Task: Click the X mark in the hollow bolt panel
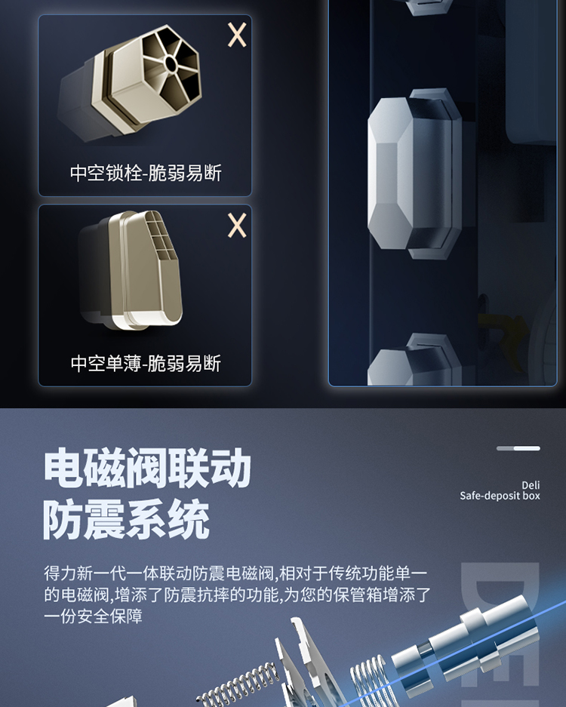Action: click(x=237, y=35)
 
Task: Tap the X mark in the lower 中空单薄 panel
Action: click(x=237, y=225)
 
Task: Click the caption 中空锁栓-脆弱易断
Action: click(x=146, y=173)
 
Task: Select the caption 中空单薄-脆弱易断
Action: click(x=146, y=364)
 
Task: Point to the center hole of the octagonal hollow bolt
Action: click(x=171, y=63)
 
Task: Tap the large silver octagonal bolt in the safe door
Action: click(x=414, y=173)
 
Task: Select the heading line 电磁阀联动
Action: click(x=147, y=468)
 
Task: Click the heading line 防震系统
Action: click(x=127, y=520)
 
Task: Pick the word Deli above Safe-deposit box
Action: click(x=531, y=485)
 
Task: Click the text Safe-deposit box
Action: click(x=500, y=496)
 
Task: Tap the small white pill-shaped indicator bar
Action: click(x=527, y=448)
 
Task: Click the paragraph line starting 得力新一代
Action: click(x=235, y=573)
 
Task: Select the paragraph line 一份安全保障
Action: click(x=94, y=616)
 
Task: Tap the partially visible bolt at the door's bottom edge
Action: click(x=413, y=360)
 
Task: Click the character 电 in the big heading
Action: click(x=63, y=468)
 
